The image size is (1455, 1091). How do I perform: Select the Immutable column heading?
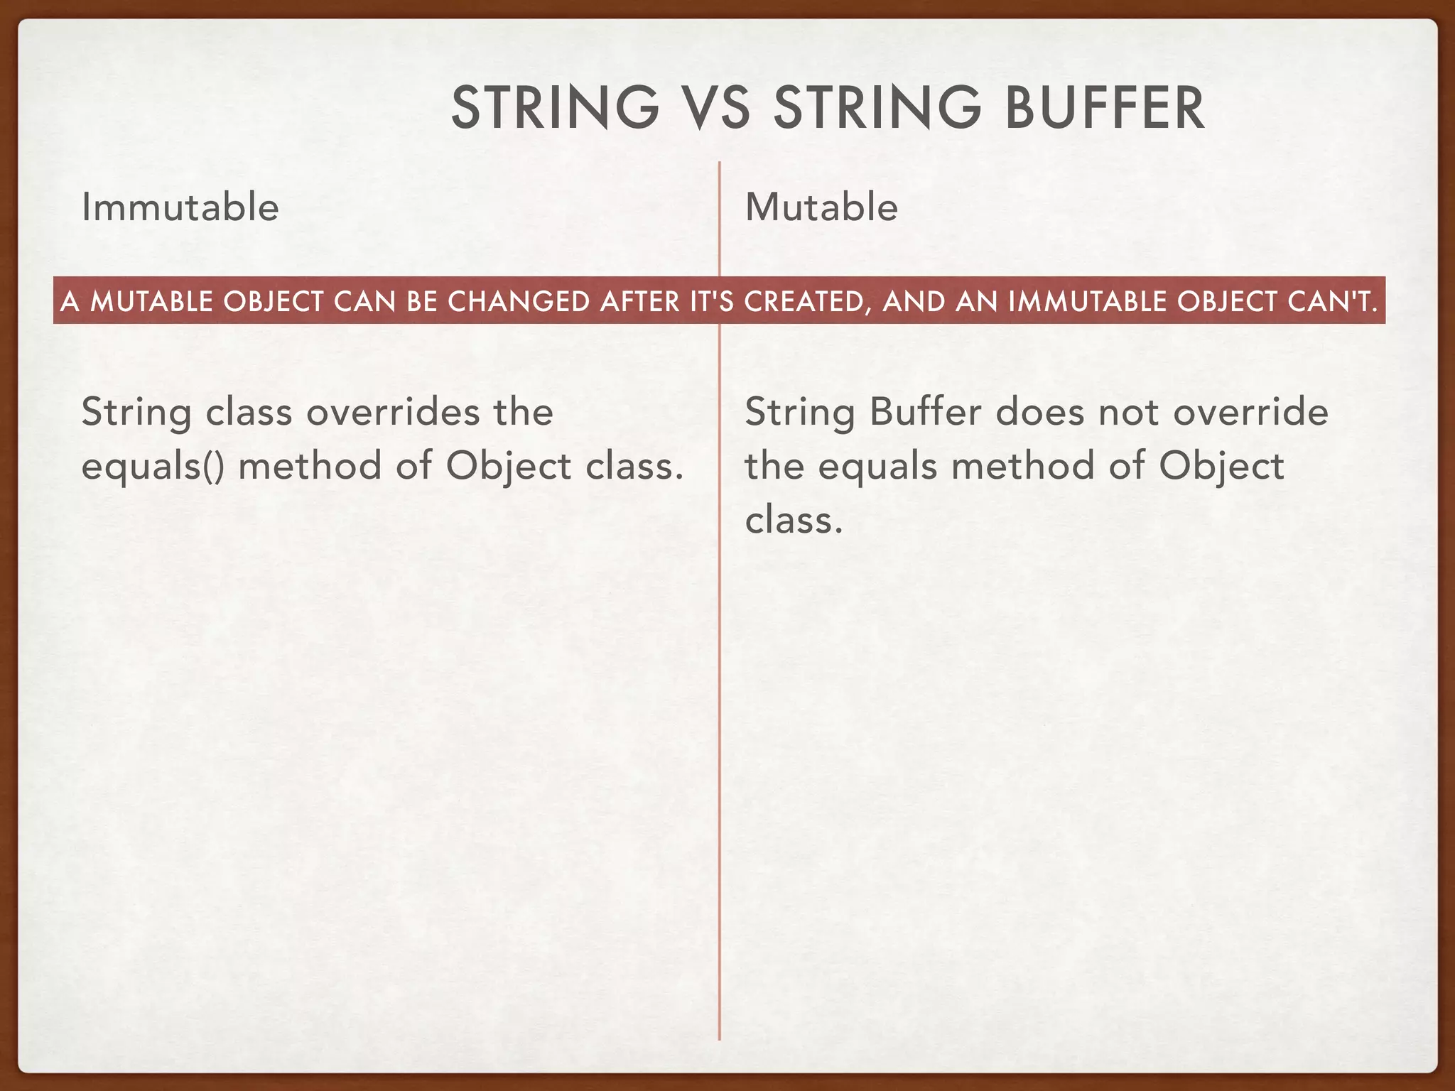180,207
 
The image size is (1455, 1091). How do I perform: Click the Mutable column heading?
821,207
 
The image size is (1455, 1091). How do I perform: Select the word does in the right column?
1040,412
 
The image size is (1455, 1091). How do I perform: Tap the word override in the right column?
1250,412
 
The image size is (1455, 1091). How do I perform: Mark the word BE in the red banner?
422,302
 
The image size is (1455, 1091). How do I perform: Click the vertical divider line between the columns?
719,710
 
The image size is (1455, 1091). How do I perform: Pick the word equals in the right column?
877,467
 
